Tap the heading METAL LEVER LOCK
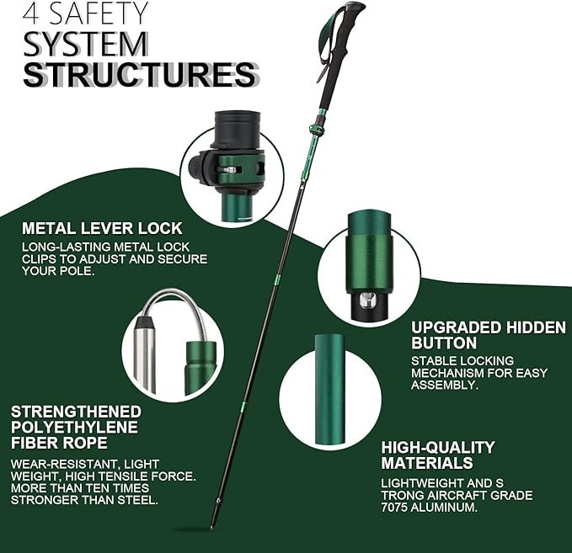(x=102, y=228)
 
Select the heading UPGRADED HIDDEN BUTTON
(x=488, y=335)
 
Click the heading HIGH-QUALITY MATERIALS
(x=437, y=455)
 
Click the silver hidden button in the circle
(x=367, y=300)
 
